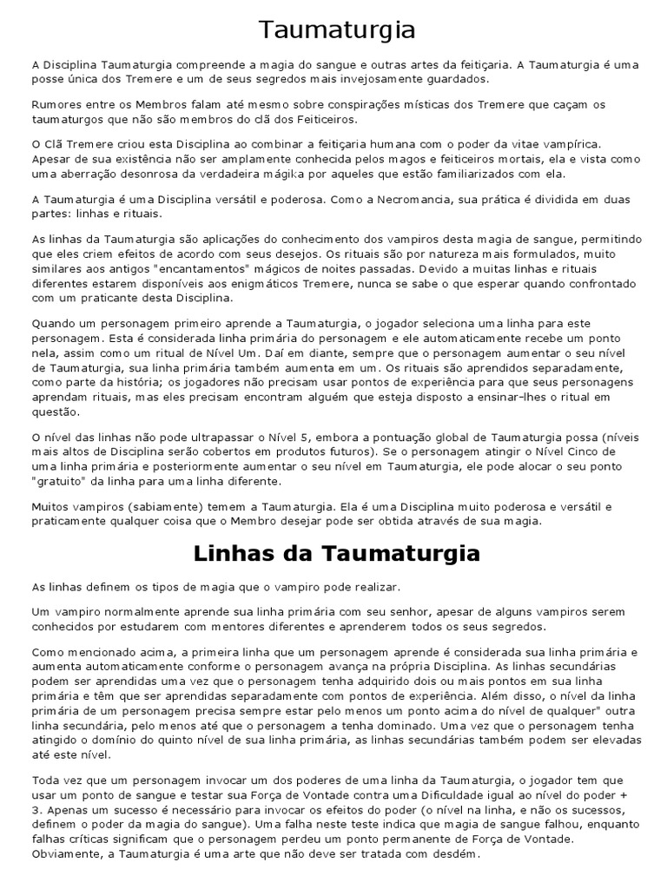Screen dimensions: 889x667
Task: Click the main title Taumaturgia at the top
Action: tap(338, 30)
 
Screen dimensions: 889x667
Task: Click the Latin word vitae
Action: tap(504, 144)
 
